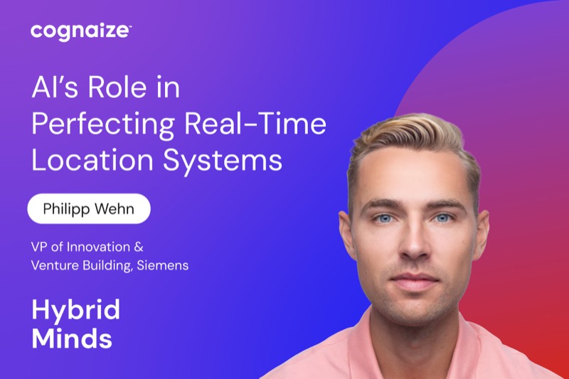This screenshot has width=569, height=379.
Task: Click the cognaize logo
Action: [x=80, y=31]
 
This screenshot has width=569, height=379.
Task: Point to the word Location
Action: [x=92, y=159]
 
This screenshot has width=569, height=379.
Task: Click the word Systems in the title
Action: [x=223, y=161]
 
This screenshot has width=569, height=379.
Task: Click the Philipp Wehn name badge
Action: [x=89, y=209]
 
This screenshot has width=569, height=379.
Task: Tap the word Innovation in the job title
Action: [x=98, y=247]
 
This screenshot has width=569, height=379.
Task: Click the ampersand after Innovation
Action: [x=139, y=247]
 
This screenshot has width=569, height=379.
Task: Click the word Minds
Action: [x=72, y=338]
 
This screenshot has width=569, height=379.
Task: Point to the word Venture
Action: [x=55, y=265]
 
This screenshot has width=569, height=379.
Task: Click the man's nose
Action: [x=414, y=241]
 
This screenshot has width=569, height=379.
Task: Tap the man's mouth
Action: [x=415, y=281]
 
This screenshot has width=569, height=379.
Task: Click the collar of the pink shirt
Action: [x=414, y=348]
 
